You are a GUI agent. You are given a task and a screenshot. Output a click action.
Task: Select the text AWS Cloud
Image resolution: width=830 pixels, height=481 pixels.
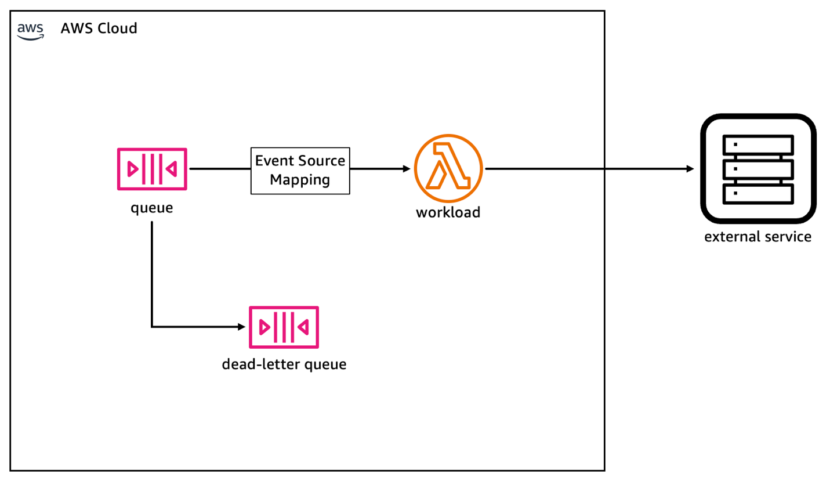tap(99, 28)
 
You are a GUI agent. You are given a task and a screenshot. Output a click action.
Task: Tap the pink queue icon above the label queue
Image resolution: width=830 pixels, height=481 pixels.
tap(151, 169)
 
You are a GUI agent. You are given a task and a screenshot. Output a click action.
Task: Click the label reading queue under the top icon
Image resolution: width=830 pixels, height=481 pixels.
tap(151, 207)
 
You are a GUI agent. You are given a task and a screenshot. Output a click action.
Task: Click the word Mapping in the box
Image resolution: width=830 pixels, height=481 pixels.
tap(300, 179)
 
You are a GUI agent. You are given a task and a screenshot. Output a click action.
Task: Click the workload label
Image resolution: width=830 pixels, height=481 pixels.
tap(448, 212)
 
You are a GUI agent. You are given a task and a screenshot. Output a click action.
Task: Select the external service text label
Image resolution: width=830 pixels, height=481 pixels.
tap(757, 237)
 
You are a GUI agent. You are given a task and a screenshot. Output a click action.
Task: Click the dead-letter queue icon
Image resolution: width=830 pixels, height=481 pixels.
tap(284, 327)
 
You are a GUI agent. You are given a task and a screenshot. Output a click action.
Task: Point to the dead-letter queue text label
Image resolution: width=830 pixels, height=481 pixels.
tap(284, 365)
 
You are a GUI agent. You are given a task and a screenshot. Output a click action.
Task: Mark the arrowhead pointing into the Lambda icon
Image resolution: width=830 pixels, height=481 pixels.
tap(407, 169)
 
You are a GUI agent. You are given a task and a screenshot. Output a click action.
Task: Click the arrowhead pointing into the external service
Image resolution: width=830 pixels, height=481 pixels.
tap(690, 169)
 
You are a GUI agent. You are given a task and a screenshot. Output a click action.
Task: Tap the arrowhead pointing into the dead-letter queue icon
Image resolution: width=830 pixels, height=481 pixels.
tap(242, 327)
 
